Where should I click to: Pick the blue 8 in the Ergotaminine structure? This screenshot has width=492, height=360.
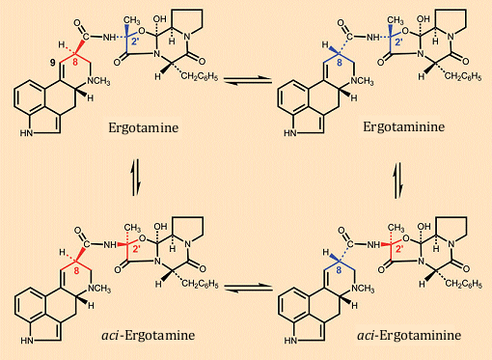338,67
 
